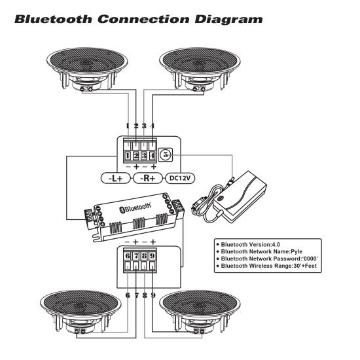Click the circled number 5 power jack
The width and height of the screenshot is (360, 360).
point(166,155)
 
